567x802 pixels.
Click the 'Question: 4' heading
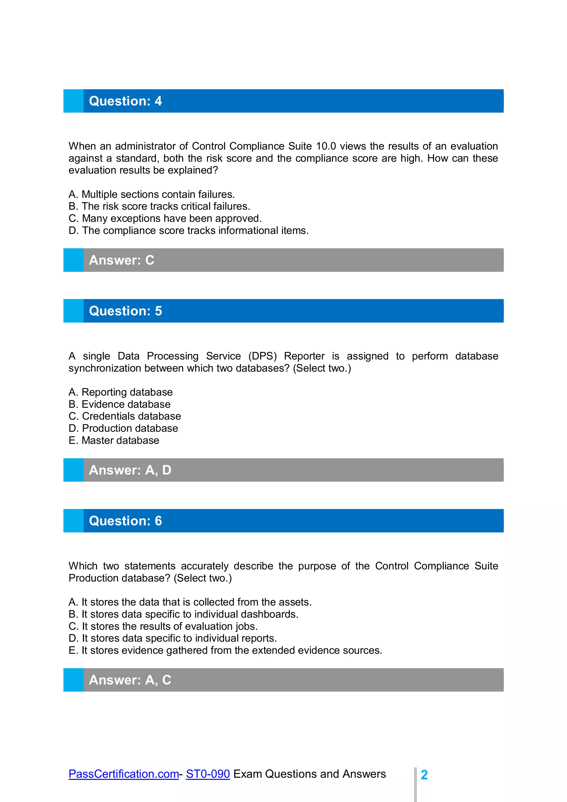coord(125,101)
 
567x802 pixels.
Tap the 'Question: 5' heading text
coord(125,311)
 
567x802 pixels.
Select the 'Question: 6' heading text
coord(125,521)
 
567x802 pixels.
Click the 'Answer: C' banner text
coord(122,260)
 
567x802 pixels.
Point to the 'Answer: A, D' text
coord(130,470)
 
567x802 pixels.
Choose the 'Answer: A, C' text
coord(130,680)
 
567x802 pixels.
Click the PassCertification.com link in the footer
coord(123,774)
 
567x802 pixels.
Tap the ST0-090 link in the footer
coord(208,774)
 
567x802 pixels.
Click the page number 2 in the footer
coord(424,775)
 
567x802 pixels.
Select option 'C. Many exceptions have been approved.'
coord(165,218)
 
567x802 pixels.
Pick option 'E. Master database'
coord(114,440)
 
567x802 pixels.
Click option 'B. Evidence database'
coord(119,404)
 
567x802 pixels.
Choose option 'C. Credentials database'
coord(125,416)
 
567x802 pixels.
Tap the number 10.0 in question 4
coord(326,146)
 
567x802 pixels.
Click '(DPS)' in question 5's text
coord(262,356)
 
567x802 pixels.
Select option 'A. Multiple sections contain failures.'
coord(151,194)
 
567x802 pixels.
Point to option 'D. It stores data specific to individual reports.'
coord(172,638)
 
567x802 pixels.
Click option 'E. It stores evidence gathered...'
coord(225,650)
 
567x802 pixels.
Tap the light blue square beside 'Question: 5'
coord(73,311)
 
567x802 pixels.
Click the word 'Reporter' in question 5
coord(304,356)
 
